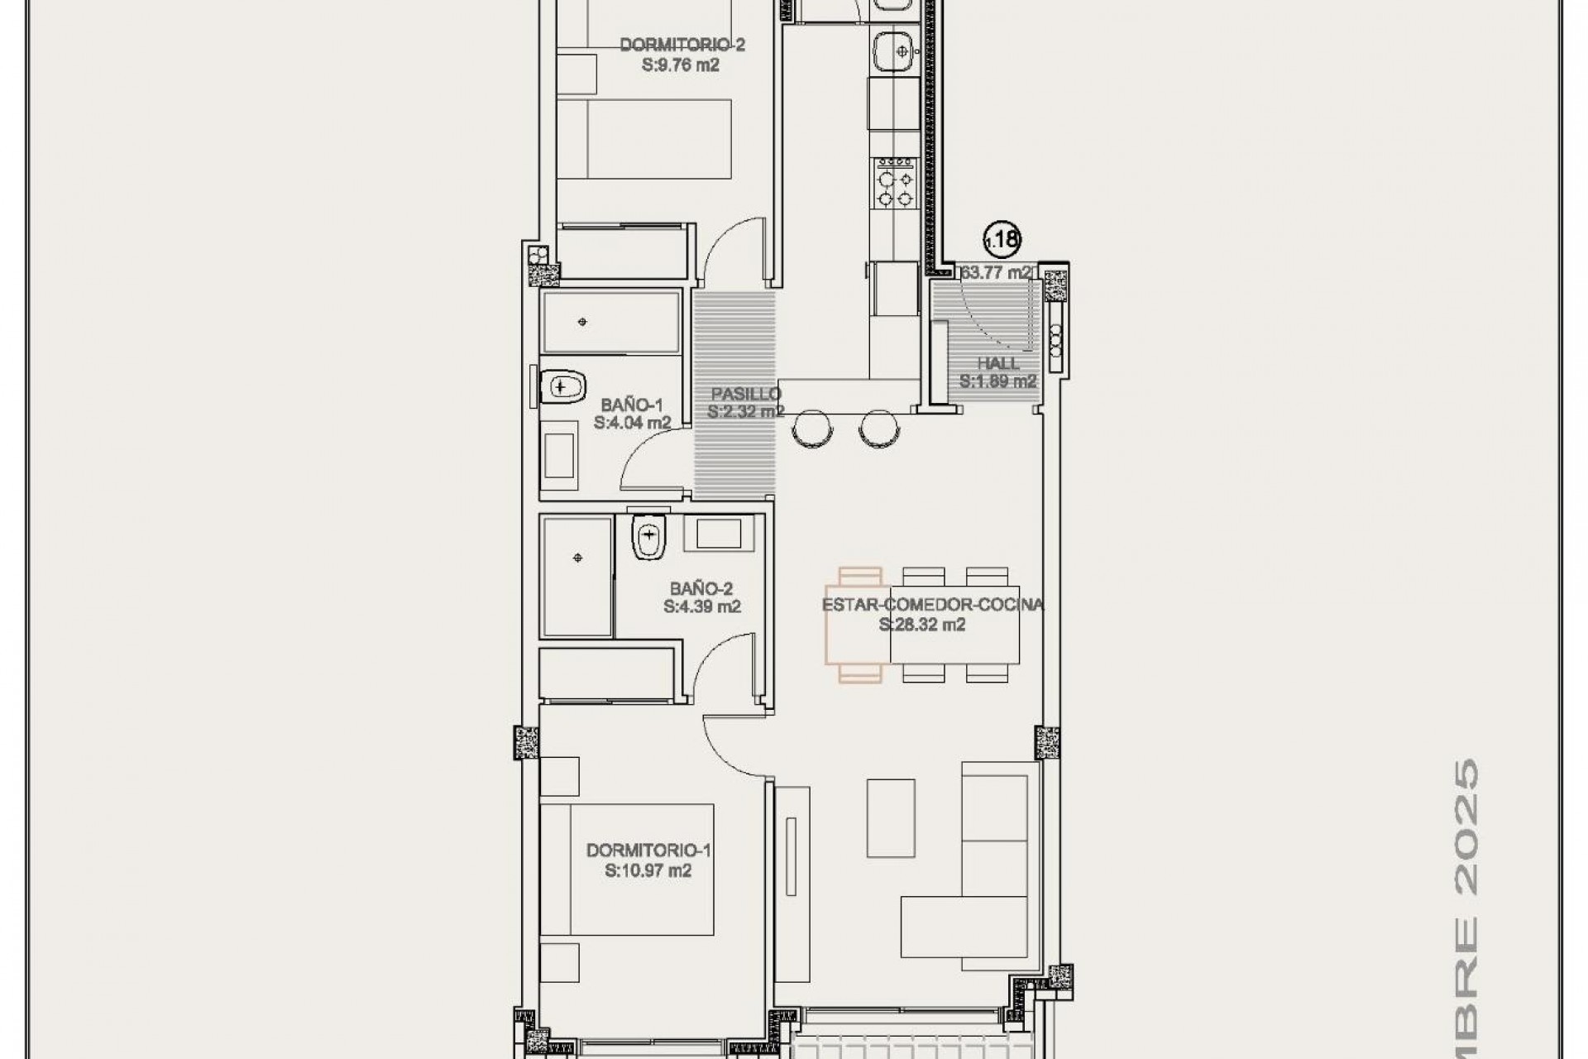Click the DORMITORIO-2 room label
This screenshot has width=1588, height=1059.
682,45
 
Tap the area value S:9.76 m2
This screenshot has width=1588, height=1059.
681,65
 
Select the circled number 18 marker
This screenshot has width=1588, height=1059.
1002,240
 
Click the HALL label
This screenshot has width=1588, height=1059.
998,363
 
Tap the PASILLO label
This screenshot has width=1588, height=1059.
746,394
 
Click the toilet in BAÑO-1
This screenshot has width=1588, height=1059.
562,386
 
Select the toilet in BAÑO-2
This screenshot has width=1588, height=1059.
648,538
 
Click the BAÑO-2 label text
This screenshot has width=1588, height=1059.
701,589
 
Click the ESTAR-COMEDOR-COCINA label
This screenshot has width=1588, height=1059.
932,605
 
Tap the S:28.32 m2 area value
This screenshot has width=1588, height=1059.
922,625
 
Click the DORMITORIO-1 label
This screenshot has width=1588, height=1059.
648,851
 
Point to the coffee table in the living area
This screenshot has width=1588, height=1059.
891,817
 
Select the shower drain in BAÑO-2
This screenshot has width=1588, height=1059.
578,558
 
